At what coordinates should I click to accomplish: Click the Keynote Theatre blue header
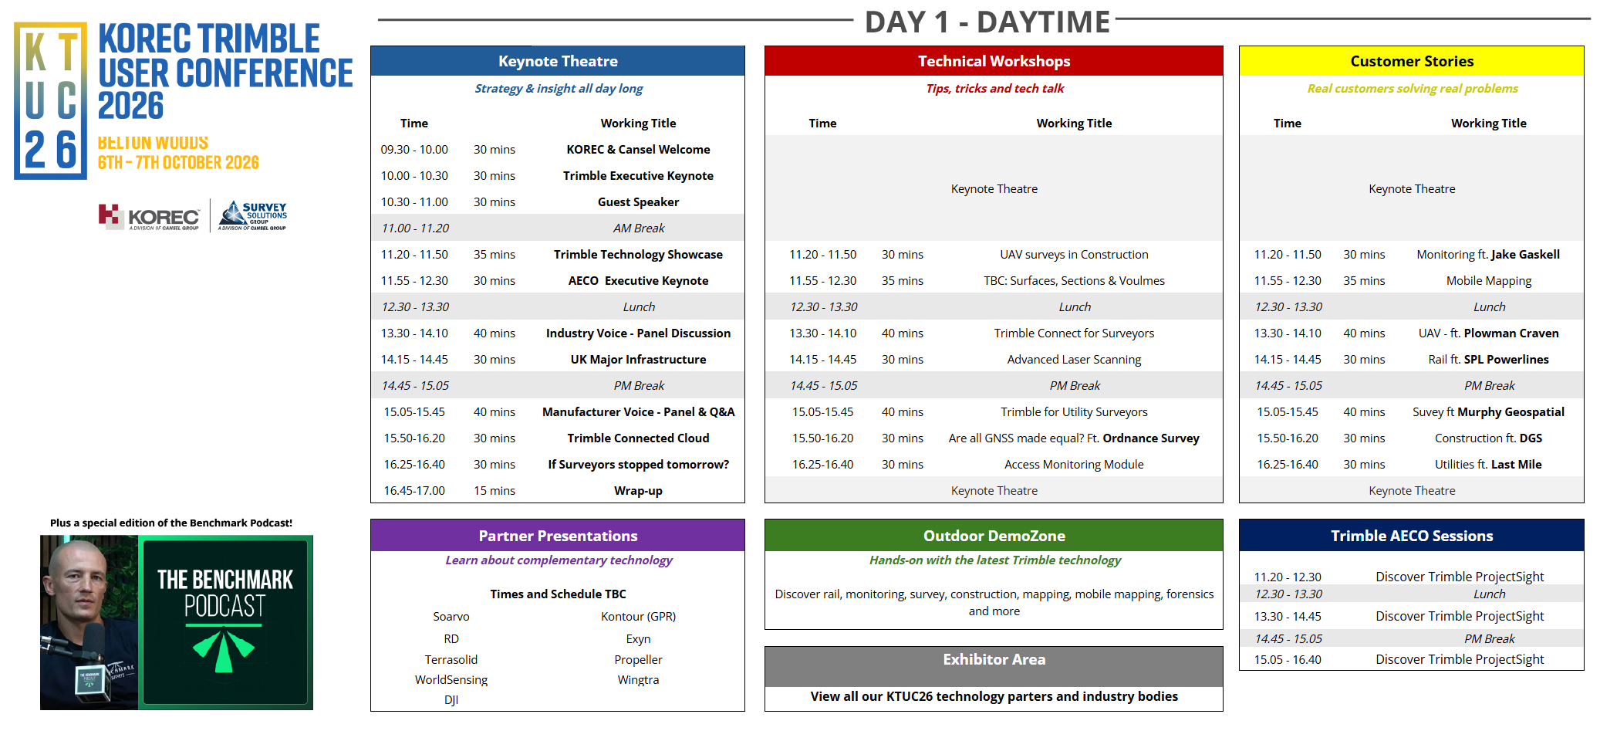tap(558, 61)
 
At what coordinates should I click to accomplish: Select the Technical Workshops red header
tap(994, 61)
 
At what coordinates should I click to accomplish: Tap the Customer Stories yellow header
tap(1412, 61)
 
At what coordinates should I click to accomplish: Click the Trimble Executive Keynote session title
tap(638, 176)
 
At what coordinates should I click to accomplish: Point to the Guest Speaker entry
tap(638, 202)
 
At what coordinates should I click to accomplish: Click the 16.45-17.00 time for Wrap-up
tap(414, 491)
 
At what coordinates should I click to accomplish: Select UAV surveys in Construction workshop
tap(1074, 255)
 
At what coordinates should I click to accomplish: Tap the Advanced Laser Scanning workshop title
tap(1074, 360)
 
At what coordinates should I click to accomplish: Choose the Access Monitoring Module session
tap(1074, 465)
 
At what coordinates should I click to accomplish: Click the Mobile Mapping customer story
tap(1489, 281)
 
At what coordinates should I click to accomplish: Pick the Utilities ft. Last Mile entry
tap(1488, 465)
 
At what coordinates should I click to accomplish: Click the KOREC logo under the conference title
tap(149, 217)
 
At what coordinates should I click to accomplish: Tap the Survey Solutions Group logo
tap(253, 215)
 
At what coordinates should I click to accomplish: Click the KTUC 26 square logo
tap(50, 100)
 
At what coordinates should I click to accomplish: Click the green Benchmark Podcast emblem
tap(224, 649)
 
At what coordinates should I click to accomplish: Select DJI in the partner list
tap(451, 700)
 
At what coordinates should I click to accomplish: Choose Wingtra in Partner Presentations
tap(638, 680)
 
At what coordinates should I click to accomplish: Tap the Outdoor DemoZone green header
tap(994, 536)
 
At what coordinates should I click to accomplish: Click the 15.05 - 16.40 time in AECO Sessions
tap(1288, 660)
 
